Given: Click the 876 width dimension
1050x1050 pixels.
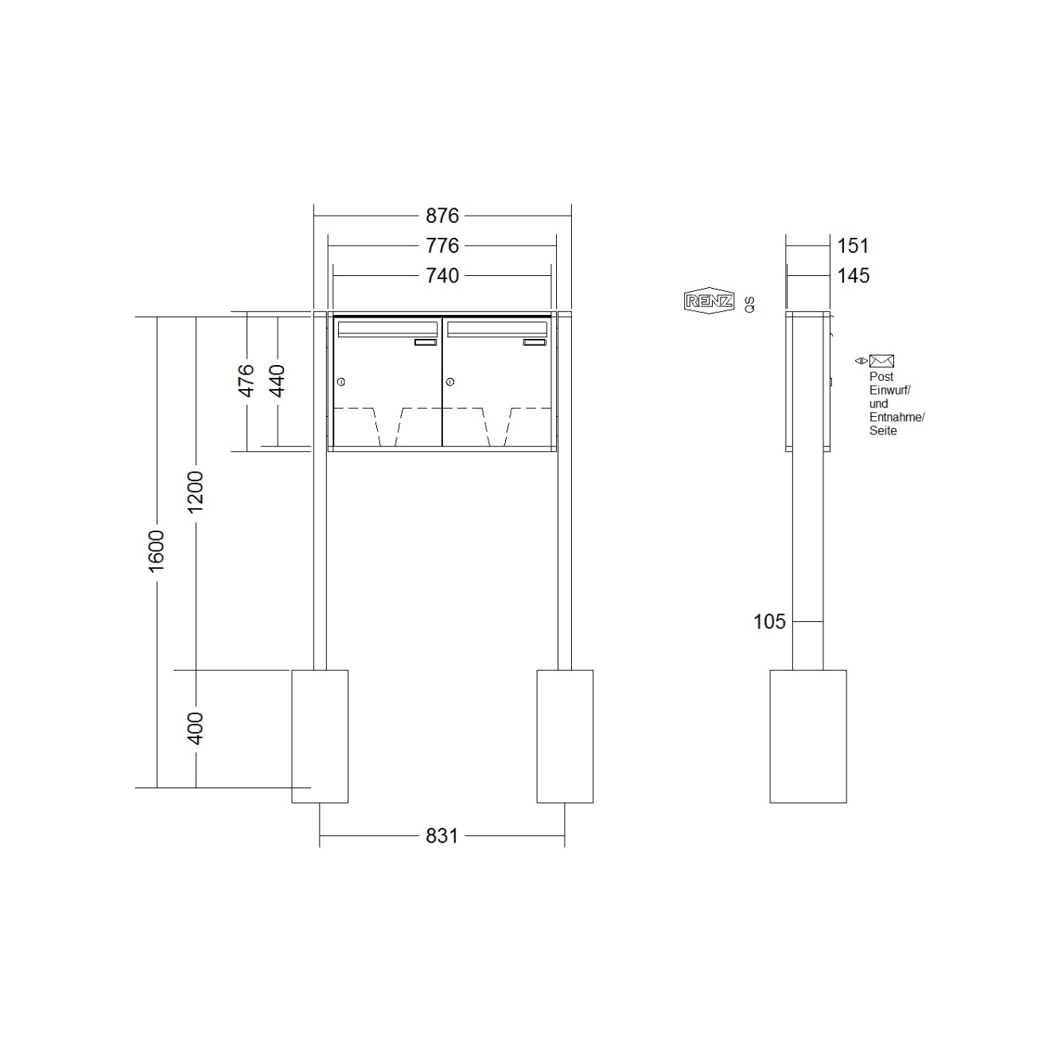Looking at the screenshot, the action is click(x=442, y=216).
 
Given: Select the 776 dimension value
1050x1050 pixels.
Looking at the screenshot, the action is click(x=442, y=246).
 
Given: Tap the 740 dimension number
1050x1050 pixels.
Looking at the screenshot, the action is click(x=442, y=276).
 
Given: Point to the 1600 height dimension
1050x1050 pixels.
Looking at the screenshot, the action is click(x=157, y=550).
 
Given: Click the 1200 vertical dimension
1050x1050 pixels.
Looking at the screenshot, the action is click(x=195, y=492).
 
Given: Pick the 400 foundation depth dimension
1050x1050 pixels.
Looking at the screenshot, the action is click(x=195, y=729).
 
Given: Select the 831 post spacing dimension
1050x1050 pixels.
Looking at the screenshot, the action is click(x=442, y=836).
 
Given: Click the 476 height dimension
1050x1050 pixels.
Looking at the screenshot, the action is click(x=247, y=381).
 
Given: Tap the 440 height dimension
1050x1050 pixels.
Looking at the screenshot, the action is click(x=277, y=381).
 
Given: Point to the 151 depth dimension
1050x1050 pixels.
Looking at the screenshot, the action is click(x=853, y=246).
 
